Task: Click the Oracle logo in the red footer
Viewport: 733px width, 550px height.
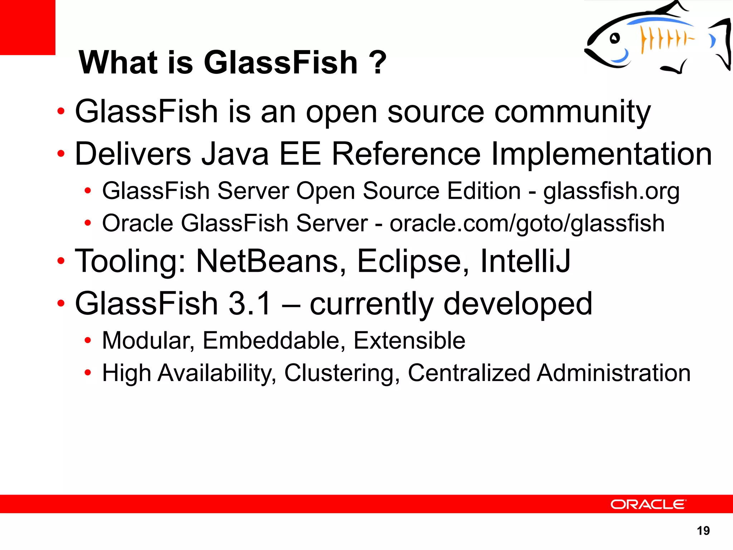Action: (648, 504)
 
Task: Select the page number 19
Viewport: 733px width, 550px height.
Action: (703, 530)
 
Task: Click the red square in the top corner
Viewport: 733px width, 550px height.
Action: (28, 27)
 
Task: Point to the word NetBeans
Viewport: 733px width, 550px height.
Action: (271, 261)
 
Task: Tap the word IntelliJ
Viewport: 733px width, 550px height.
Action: (525, 261)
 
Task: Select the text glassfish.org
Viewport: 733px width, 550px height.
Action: (611, 191)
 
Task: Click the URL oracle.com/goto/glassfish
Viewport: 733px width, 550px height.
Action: (527, 223)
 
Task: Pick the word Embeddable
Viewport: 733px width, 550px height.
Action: (274, 340)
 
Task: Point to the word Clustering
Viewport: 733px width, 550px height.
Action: (342, 373)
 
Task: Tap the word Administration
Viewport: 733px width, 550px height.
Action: (613, 373)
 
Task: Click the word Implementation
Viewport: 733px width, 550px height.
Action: (601, 154)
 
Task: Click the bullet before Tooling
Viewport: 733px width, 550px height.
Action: (61, 261)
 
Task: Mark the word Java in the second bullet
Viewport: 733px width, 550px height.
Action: (235, 154)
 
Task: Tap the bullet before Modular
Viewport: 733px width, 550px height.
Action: (88, 341)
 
